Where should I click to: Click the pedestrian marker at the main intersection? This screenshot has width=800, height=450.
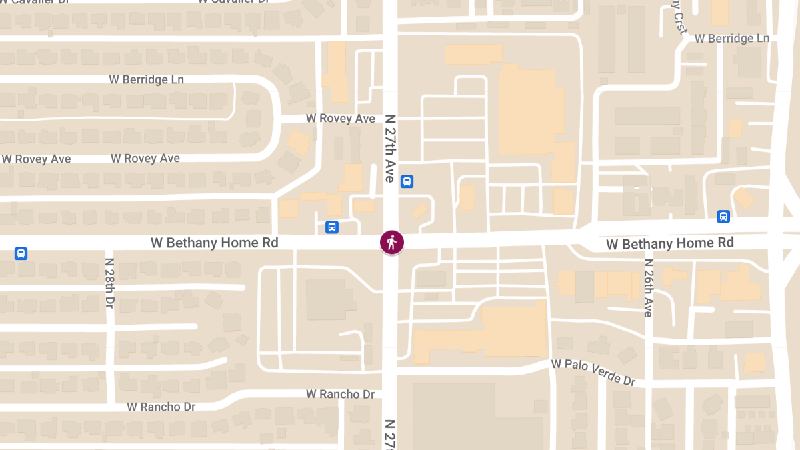coord(391,243)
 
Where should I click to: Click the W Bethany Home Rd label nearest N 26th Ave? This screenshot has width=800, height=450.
coord(669,243)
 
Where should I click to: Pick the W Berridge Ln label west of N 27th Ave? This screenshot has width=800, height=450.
coord(147,79)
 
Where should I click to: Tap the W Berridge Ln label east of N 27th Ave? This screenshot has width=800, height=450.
coord(732,39)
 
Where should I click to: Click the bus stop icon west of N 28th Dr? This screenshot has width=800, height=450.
coord(21,253)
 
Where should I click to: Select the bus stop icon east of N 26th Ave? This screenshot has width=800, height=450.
coord(723,216)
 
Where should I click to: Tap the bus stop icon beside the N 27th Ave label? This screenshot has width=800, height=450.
coord(407,181)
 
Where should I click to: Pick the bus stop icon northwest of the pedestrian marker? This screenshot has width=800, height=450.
coord(332,227)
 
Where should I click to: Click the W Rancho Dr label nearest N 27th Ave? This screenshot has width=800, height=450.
coord(340,394)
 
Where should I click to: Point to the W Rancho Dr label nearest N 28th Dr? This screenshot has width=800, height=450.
coord(161,406)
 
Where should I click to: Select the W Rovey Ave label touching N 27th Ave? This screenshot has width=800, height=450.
coord(341,118)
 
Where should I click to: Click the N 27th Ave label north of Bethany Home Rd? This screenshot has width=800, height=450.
coord(390,148)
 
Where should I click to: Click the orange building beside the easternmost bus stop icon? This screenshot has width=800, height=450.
coord(743,199)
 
